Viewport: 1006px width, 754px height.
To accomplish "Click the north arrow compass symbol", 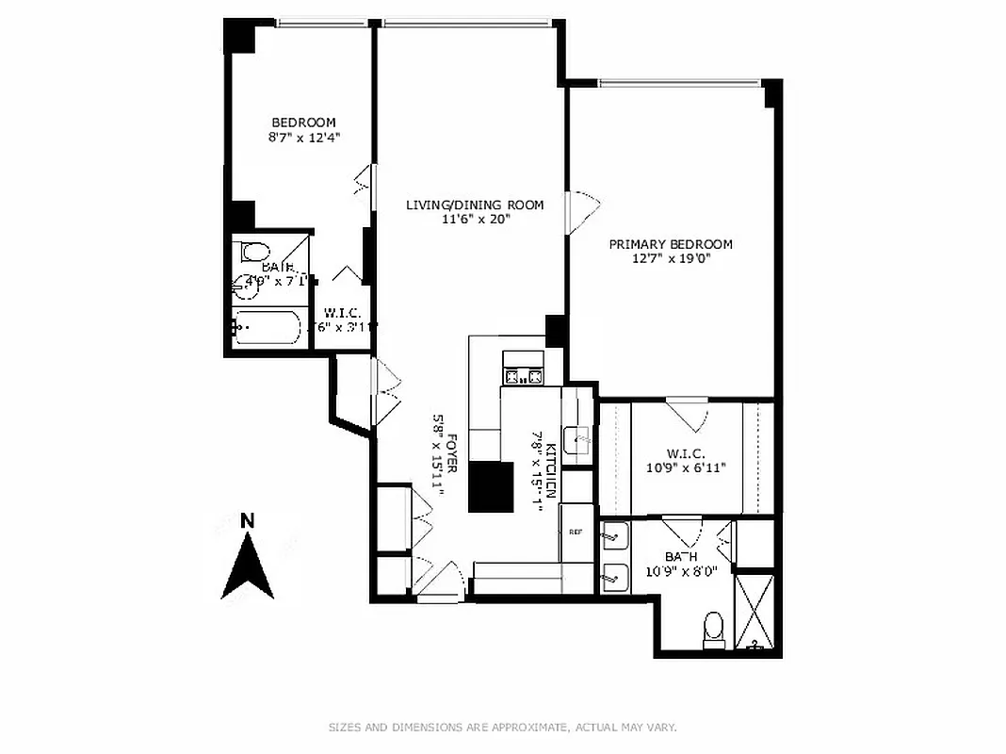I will [247, 566].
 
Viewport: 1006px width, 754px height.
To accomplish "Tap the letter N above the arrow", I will [248, 520].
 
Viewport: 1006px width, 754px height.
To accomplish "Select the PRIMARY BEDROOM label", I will [670, 244].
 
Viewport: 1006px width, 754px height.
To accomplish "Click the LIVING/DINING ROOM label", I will [475, 205].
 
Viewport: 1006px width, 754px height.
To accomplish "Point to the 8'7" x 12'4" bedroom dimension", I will [304, 138].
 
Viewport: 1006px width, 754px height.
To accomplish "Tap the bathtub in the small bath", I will [268, 328].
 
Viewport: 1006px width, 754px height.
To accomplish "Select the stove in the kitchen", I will [523, 377].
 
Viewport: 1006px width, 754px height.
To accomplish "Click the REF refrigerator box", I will [576, 532].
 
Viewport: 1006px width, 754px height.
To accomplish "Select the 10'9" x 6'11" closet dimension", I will [686, 467].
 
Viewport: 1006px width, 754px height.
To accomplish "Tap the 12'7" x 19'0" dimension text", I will [670, 259].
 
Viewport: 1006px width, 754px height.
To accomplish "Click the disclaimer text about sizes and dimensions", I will [503, 727].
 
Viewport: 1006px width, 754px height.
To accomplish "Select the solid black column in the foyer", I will [492, 486].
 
